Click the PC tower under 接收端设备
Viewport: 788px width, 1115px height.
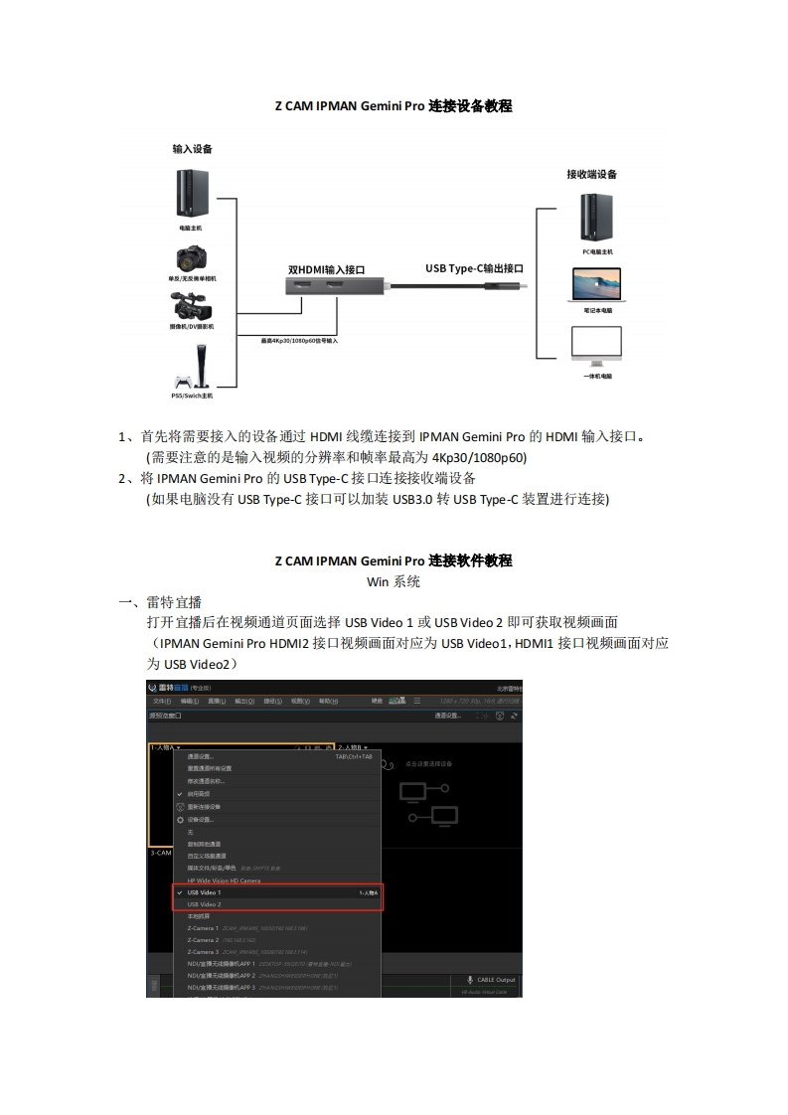[x=596, y=218]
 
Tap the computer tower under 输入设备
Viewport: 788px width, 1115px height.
[x=191, y=194]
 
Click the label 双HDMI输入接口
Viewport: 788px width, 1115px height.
[x=327, y=269]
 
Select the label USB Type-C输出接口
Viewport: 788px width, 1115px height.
[x=474, y=268]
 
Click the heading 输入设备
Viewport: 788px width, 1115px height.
[x=192, y=149]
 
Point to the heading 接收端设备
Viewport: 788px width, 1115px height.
[x=592, y=174]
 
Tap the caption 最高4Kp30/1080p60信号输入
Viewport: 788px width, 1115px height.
[x=299, y=340]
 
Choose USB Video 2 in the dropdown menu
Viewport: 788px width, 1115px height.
[x=204, y=904]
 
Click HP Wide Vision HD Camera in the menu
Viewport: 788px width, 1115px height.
[x=224, y=880]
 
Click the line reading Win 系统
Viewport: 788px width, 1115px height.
[x=394, y=581]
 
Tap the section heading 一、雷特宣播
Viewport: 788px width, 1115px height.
[x=160, y=602]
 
